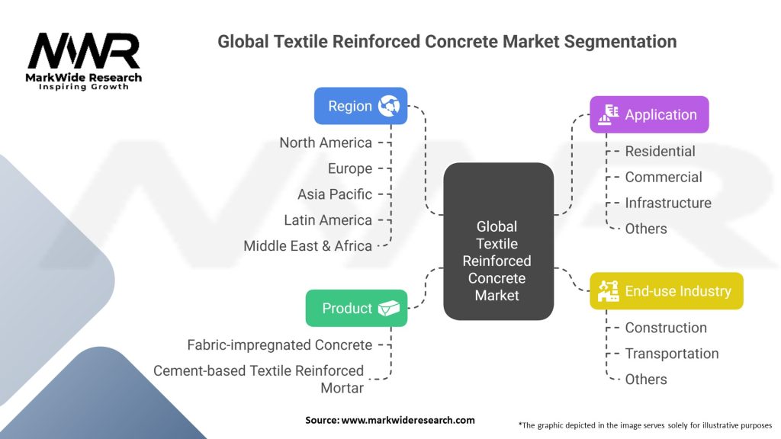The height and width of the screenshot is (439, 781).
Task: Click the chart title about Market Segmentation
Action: pos(447,41)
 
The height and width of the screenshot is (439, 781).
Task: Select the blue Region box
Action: pos(361,106)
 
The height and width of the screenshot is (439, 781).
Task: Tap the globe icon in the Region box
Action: pos(389,106)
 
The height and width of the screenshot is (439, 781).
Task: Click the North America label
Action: pos(326,143)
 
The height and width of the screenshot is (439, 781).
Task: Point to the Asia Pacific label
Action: pos(335,194)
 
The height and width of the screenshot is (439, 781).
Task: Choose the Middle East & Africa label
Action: pos(308,246)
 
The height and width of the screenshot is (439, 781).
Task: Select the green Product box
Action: pos(356,308)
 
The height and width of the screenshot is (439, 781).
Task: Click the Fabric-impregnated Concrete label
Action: pos(280,344)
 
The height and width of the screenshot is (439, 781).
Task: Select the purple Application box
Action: pos(649,115)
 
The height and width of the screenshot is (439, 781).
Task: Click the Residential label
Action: pos(660,152)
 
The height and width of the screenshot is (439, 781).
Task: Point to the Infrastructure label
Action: pos(668,203)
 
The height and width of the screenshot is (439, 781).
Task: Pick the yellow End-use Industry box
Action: pos(666,291)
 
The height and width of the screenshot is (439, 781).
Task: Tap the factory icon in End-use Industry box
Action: pos(609,291)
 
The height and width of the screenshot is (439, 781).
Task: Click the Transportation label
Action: pos(671,354)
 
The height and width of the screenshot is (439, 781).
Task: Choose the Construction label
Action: pos(666,328)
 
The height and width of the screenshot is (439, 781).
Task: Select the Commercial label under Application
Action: pos(664,177)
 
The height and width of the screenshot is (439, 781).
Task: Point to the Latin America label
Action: pos(328,220)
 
